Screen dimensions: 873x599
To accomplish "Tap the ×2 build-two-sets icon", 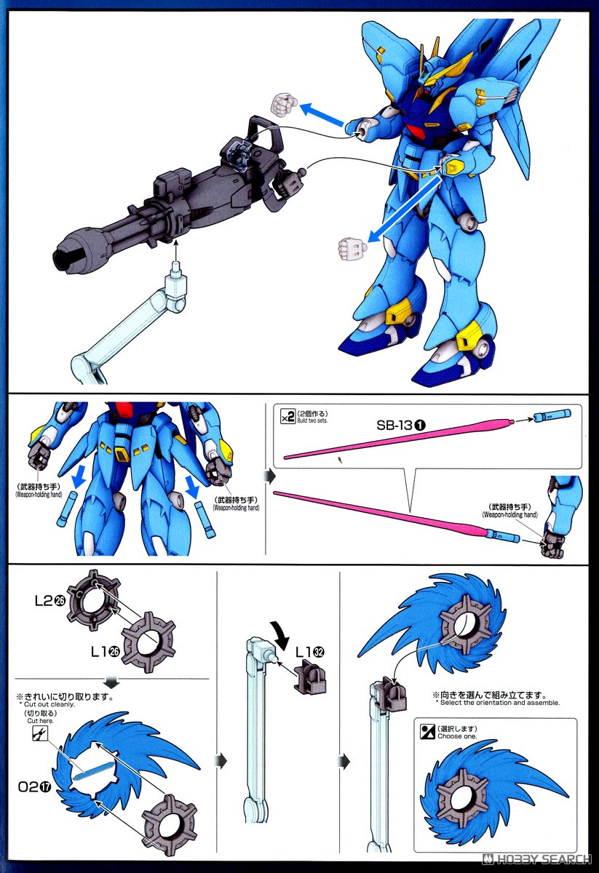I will [287, 417].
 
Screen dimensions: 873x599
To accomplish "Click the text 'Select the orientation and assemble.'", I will [499, 703].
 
